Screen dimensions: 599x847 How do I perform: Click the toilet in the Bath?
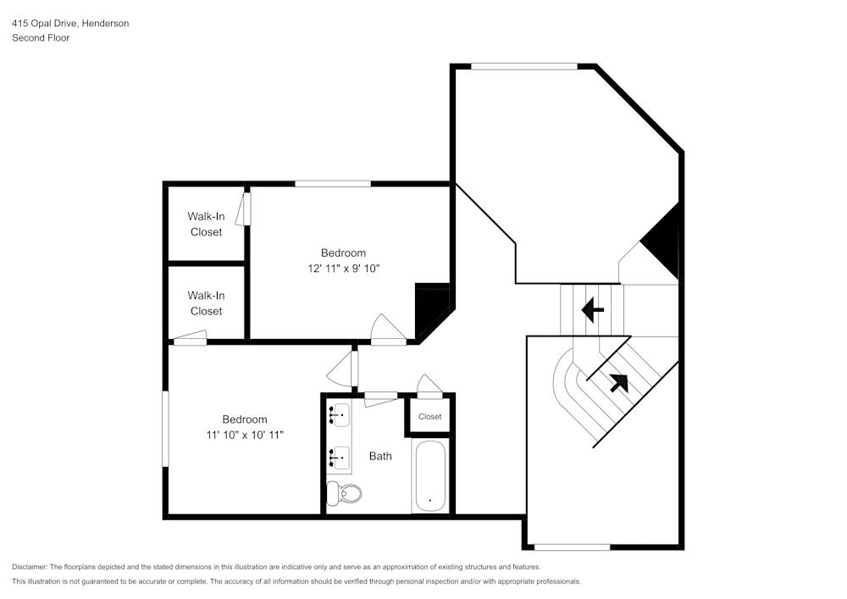[346, 492]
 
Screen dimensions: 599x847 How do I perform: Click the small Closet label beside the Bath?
[430, 417]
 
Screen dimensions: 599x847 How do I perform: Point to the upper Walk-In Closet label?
[206, 224]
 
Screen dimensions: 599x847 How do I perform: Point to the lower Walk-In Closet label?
[206, 303]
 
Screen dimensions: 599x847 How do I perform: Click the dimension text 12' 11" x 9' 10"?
[343, 269]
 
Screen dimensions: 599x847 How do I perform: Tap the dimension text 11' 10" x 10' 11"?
[245, 435]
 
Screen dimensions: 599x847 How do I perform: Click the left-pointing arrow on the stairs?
[593, 310]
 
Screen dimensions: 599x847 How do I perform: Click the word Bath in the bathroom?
[380, 456]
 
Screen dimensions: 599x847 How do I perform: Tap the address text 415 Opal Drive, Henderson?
[70, 24]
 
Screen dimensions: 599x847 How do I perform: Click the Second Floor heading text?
[41, 38]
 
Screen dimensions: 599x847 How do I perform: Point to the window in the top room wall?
[523, 66]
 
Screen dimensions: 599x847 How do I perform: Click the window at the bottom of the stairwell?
[572, 546]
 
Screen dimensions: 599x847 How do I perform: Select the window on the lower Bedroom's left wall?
[165, 427]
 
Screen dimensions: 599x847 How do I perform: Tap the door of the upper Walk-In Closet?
[246, 209]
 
